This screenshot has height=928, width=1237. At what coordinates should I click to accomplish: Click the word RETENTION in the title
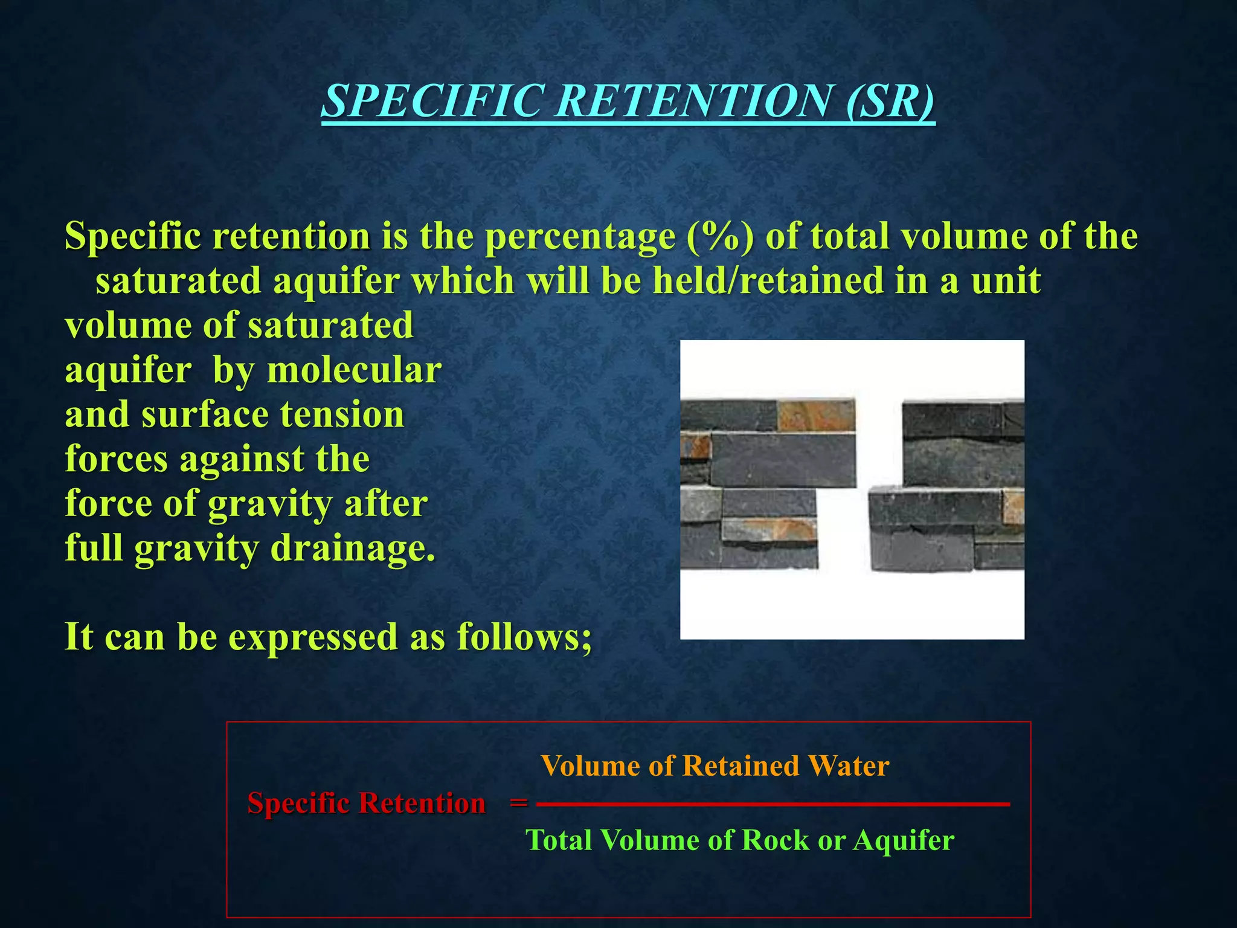point(692,100)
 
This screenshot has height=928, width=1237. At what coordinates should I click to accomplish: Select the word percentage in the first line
point(580,237)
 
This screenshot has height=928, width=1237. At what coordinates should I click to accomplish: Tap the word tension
point(342,415)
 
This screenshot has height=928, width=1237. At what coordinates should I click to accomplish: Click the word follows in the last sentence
point(523,637)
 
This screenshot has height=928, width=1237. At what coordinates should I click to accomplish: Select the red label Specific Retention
point(366,804)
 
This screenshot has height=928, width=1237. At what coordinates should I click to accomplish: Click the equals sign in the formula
point(518,804)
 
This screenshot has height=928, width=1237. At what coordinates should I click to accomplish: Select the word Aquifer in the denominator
point(904,840)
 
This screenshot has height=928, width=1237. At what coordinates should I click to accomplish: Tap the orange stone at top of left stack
point(815,416)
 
